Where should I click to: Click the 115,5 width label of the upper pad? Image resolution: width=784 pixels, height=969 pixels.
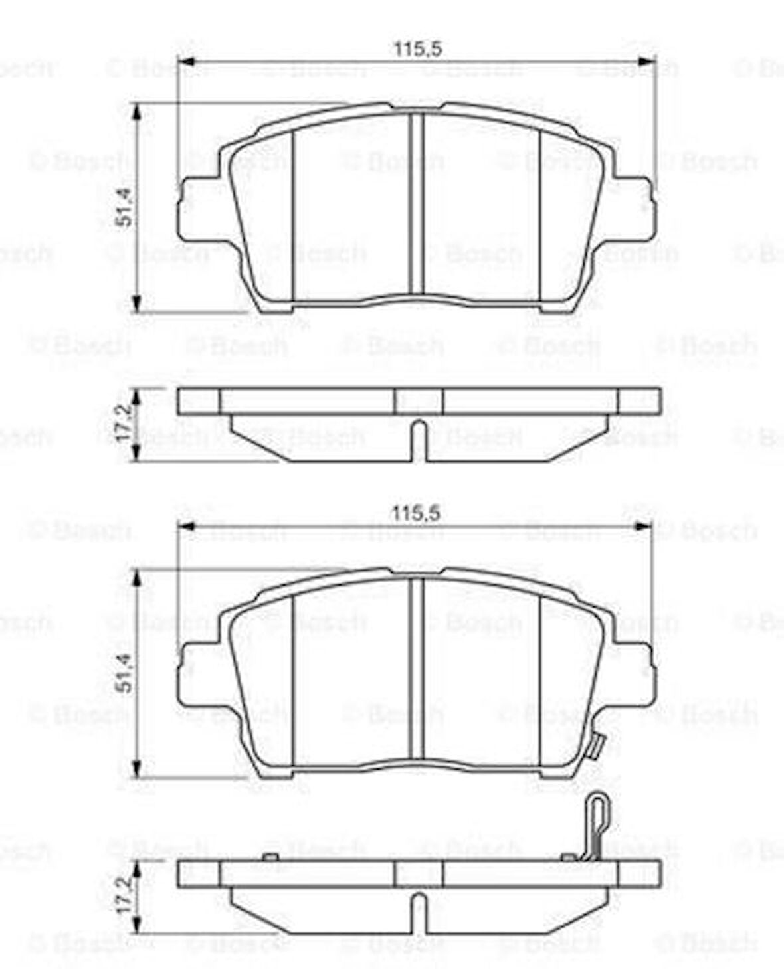pyautogui.click(x=418, y=48)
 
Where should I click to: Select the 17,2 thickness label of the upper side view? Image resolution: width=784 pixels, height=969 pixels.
pyautogui.click(x=123, y=425)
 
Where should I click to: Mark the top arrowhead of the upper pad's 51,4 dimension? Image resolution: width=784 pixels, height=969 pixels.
pyautogui.click(x=137, y=110)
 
